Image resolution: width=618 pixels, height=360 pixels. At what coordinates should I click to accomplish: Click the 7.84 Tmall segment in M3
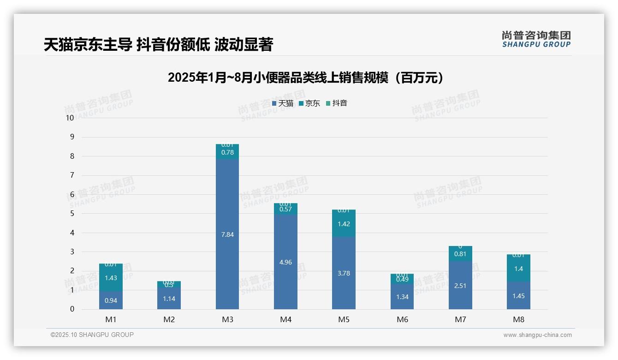pyautogui.click(x=227, y=234)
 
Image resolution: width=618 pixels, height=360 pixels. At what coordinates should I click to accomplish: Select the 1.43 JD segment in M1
pyautogui.click(x=111, y=278)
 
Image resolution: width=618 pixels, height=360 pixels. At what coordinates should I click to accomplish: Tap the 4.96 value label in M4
pyautogui.click(x=285, y=262)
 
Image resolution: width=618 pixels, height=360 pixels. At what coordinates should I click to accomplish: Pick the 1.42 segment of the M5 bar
pyautogui.click(x=344, y=224)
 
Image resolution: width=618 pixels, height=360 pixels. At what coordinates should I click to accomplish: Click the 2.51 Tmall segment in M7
pyautogui.click(x=460, y=286)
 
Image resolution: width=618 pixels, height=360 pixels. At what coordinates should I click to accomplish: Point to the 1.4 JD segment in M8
pyautogui.click(x=518, y=269)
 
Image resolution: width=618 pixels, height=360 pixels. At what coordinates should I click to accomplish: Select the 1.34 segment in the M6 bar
pyautogui.click(x=402, y=297)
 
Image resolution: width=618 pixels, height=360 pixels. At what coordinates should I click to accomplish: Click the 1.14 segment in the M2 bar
pyautogui.click(x=169, y=299)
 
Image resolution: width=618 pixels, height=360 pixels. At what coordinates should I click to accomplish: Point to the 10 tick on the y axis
pyautogui.click(x=70, y=118)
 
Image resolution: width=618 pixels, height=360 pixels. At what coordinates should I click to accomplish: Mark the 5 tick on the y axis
pyautogui.click(x=72, y=214)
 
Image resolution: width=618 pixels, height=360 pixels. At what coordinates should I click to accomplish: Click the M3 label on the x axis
pyautogui.click(x=227, y=319)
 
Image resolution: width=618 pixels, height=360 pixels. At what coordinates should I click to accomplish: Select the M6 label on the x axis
pyautogui.click(x=402, y=319)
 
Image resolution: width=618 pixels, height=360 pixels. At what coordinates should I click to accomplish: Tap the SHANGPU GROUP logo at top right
pyautogui.click(x=536, y=39)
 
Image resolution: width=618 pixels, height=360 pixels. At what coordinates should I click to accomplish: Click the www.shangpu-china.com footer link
pyautogui.click(x=537, y=335)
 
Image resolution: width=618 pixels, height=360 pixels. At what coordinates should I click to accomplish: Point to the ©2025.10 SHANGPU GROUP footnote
pyautogui.click(x=92, y=335)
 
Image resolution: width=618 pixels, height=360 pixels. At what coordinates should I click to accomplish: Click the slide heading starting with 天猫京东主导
pyautogui.click(x=158, y=44)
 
